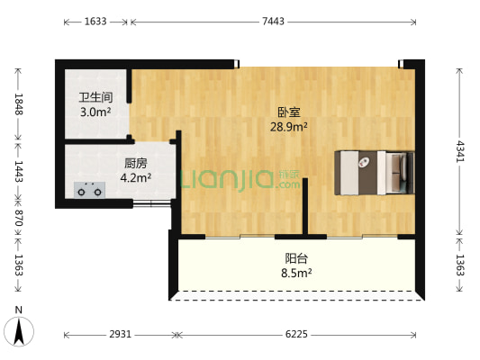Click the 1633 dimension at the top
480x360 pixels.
(95, 22)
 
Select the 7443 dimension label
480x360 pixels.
(273, 22)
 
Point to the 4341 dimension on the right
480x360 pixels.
(460, 151)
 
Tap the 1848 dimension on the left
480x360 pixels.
(19, 104)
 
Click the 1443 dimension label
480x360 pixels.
(19, 171)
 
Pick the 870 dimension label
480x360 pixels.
(19, 218)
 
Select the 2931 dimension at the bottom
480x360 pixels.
(121, 334)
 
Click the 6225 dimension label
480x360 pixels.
(296, 334)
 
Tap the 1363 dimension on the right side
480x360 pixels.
(460, 265)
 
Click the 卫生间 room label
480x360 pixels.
(95, 97)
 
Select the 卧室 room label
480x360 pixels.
(289, 112)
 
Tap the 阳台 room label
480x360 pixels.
(296, 259)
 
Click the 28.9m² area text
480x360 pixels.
(289, 127)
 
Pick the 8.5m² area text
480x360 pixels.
(296, 273)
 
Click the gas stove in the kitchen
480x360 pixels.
(89, 190)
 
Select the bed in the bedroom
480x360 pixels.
(375, 173)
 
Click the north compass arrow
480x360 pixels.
(19, 331)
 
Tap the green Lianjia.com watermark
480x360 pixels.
(240, 181)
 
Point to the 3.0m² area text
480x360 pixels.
(95, 112)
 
